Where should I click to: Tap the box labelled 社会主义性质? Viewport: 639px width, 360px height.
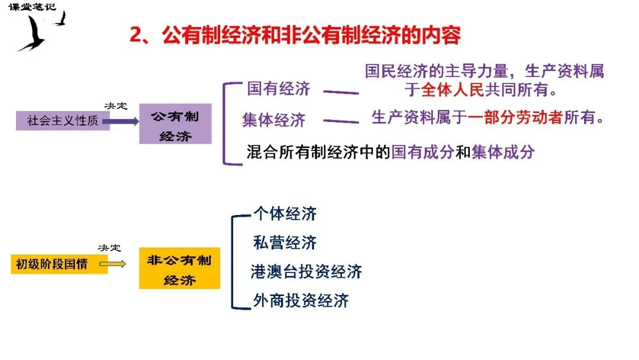coord(62,121)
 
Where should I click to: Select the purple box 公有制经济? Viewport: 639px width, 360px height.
coord(175,124)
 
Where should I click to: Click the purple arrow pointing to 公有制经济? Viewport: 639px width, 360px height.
coord(124,121)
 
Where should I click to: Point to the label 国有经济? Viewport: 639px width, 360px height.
coord(278,89)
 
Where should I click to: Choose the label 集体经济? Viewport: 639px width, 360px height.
coord(273,120)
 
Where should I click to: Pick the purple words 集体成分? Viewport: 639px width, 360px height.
coord(503,152)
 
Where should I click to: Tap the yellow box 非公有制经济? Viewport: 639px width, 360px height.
coord(179,269)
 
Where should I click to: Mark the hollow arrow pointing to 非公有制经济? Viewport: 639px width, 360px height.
coord(117,263)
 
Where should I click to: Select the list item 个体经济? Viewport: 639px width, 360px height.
coord(285,214)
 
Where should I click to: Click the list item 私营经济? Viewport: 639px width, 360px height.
coord(285,243)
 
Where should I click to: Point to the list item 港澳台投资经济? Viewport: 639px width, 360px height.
coord(306,272)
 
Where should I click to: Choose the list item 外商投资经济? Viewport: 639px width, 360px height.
coord(301,301)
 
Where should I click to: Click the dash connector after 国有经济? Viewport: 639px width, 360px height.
coord(341,92)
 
